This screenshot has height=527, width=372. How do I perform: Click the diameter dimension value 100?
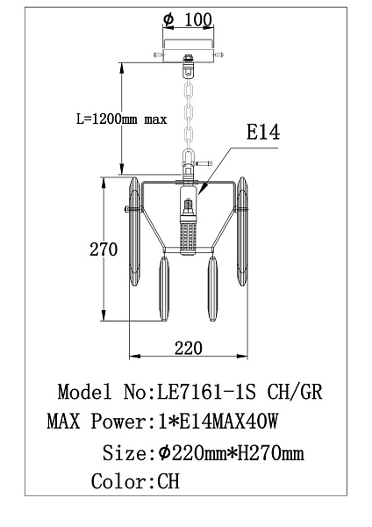198,20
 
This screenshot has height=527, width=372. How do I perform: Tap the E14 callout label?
263,132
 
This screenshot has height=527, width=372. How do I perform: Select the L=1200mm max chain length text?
122,119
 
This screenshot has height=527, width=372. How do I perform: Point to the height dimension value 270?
104,249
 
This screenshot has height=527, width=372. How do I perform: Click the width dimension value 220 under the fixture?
189,348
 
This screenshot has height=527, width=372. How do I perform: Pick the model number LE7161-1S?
206,392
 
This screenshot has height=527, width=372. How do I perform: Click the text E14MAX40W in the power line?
228,421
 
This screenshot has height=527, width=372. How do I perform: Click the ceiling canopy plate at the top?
189,51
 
